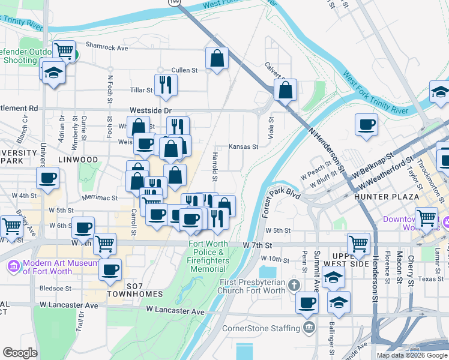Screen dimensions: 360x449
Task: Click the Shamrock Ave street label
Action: pyautogui.click(x=107, y=47)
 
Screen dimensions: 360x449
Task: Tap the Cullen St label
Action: pyautogui.click(x=184, y=70)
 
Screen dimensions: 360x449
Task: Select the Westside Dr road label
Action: pyautogui.click(x=151, y=111)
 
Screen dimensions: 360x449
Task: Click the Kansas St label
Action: pyautogui.click(x=243, y=146)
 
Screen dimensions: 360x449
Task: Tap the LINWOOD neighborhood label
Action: pyautogui.click(x=78, y=160)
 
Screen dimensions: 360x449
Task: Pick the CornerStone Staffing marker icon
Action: pyautogui.click(x=309, y=328)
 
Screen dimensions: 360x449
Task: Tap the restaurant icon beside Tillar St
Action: pyautogui.click(x=166, y=85)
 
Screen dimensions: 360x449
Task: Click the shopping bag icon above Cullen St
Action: pyautogui.click(x=217, y=58)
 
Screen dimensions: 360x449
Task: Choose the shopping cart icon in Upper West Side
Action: pyautogui.click(x=358, y=244)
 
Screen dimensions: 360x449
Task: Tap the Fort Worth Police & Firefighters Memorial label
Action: pyautogui.click(x=208, y=256)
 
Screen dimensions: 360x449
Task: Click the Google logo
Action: pyautogui.click(x=20, y=353)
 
